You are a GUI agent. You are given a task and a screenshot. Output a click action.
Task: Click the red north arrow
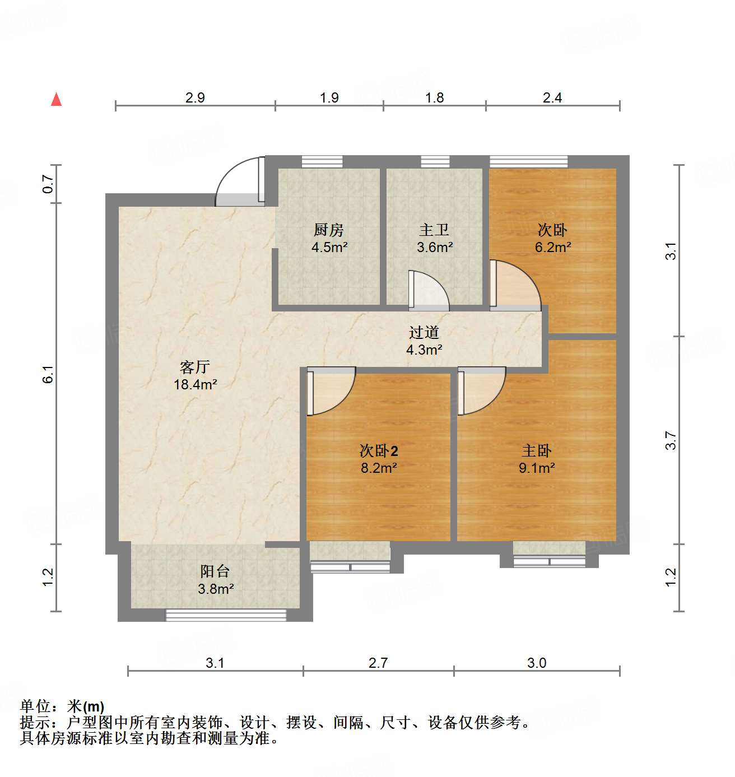[56, 99]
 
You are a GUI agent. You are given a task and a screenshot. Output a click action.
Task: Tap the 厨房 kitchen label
[328, 230]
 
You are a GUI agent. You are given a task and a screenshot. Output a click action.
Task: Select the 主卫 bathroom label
[434, 230]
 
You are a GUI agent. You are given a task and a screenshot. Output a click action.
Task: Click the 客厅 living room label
[195, 367]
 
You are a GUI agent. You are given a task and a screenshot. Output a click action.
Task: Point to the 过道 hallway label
[424, 332]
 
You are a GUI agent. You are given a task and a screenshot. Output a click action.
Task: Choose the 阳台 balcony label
[215, 571]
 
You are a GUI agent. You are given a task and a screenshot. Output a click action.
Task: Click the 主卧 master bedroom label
[537, 450]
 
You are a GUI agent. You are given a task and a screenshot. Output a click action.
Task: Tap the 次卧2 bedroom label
[379, 450]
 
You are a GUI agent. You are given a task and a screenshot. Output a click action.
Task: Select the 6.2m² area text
[553, 247]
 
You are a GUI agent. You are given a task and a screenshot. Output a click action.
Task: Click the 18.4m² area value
[195, 384]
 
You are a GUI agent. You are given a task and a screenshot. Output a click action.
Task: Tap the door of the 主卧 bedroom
[481, 390]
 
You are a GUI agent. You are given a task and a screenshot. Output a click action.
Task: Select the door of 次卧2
[331, 390]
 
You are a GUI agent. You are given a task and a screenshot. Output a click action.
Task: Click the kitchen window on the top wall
[322, 161]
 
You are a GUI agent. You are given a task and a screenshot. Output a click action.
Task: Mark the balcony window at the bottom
[226, 615]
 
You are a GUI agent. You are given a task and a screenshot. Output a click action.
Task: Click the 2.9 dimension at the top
[195, 98]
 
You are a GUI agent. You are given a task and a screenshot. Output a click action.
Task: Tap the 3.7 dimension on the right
[671, 440]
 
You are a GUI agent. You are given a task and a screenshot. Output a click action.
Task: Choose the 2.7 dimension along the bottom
[378, 663]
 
